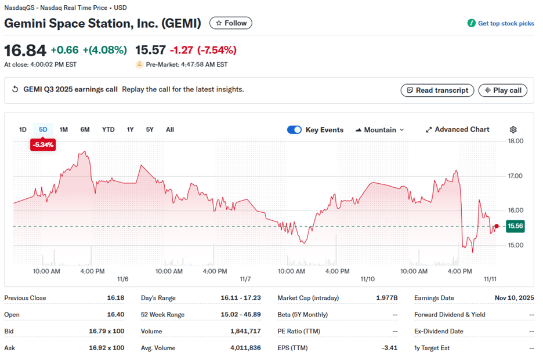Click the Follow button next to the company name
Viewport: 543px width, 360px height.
(231, 23)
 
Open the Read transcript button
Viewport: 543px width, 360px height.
(437, 90)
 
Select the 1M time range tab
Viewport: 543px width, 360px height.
(64, 130)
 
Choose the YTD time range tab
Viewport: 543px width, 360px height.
(108, 130)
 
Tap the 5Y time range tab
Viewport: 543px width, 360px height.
(150, 130)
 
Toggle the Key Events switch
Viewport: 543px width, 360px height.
(294, 130)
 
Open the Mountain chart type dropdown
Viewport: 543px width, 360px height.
(379, 130)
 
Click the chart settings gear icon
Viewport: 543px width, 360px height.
(513, 130)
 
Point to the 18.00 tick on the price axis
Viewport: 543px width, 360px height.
(516, 141)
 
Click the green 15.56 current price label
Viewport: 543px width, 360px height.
(515, 226)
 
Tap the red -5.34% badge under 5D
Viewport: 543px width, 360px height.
(43, 145)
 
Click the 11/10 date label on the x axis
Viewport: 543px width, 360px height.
(367, 279)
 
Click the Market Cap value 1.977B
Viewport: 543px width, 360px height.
(387, 298)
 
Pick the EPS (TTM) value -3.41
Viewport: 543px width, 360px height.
(389, 348)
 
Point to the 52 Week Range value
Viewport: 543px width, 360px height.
(240, 315)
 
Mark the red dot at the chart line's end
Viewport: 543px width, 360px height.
(497, 226)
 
